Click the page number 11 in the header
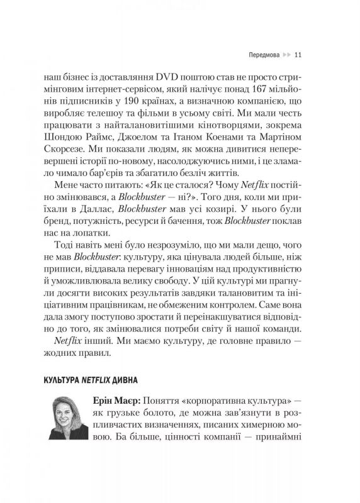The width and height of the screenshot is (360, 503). point(300,54)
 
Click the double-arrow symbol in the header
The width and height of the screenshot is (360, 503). point(286,54)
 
